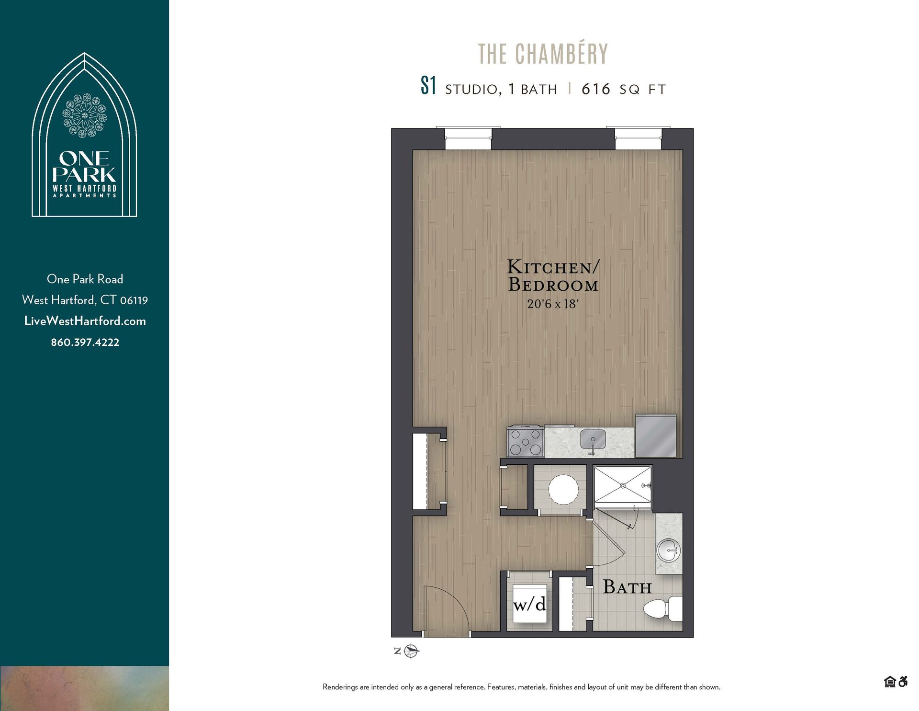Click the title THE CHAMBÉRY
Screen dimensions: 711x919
(543, 54)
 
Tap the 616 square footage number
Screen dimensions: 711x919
(596, 89)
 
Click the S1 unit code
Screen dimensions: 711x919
(428, 86)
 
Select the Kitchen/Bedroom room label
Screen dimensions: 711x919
(553, 275)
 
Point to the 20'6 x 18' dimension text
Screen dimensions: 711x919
(553, 304)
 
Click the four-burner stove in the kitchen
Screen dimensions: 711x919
(525, 442)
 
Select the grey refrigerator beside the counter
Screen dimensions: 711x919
(656, 436)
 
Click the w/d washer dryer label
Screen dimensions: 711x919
(529, 604)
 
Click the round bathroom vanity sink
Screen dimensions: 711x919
(668, 550)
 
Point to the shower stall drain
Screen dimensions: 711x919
(623, 486)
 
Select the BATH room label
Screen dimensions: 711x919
(627, 587)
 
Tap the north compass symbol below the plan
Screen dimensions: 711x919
(411, 651)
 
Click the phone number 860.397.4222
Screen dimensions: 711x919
(85, 342)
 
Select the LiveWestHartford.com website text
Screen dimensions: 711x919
(85, 321)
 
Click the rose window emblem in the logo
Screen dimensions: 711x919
(85, 115)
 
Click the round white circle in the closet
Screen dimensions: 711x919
(563, 489)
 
